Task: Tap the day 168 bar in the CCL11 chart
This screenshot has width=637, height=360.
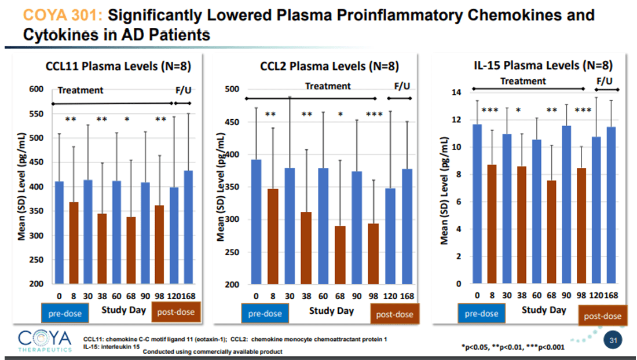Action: click(188, 227)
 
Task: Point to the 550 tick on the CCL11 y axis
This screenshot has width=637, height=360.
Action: click(36, 113)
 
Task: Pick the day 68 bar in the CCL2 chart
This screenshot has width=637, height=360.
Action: click(340, 255)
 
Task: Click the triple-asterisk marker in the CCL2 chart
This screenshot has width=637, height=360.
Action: click(374, 114)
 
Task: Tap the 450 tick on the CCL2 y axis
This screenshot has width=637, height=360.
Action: click(232, 122)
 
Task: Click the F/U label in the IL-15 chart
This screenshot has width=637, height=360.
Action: click(605, 80)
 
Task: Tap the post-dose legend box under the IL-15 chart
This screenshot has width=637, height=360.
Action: click(602, 315)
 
